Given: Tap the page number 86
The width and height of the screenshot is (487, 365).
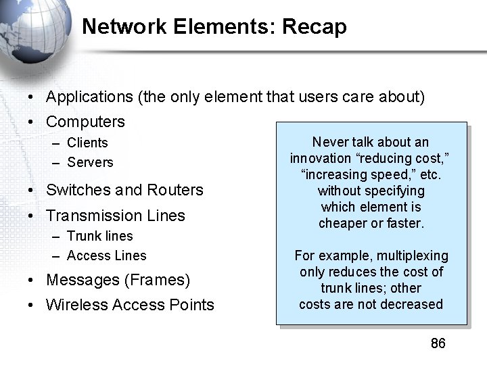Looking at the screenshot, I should tap(438, 343).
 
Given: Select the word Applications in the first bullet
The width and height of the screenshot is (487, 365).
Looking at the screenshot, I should tap(89, 97).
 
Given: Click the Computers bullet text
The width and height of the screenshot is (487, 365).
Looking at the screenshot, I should tap(85, 122).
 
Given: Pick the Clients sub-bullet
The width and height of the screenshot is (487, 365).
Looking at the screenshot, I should tap(87, 143).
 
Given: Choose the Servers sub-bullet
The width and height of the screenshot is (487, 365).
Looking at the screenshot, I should tap(90, 162).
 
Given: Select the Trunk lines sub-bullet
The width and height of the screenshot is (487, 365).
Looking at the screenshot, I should tap(100, 236).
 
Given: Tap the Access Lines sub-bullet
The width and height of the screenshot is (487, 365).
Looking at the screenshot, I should tap(107, 255).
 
